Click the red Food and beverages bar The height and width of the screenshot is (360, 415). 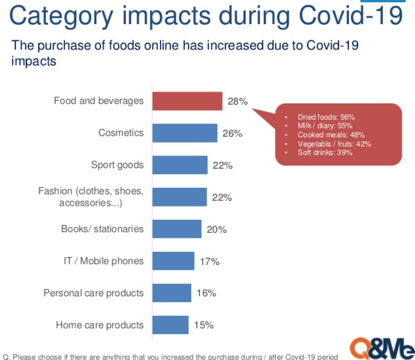tap(187, 101)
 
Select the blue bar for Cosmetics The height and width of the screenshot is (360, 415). tap(184, 133)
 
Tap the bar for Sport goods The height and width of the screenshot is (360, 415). tap(179, 165)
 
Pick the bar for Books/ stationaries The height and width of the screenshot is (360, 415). tap(176, 229)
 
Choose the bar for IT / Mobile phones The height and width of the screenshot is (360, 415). tap(173, 261)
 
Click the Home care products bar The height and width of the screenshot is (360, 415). tap(170, 325)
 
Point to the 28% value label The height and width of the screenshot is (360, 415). tap(237, 102)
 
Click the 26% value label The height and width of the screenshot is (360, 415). tap(231, 134)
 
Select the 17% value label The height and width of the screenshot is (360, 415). tap(209, 262)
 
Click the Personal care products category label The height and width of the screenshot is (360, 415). tap(93, 293)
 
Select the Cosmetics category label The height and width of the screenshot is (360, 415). tap(121, 133)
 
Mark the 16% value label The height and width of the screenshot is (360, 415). tap(206, 294)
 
